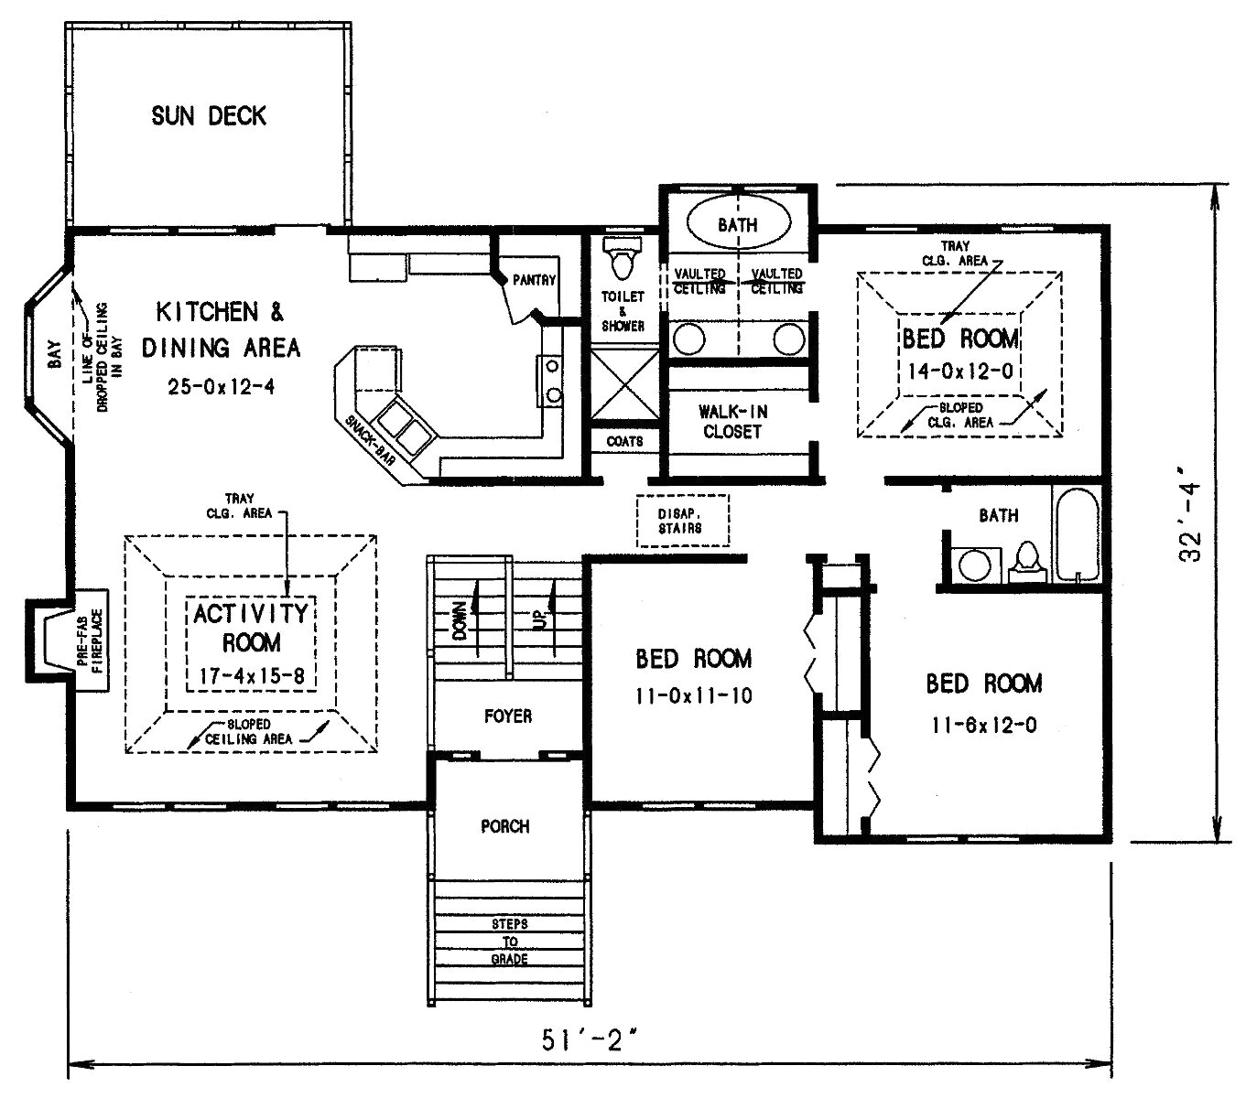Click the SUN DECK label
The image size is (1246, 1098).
209,116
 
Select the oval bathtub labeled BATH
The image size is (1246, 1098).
737,224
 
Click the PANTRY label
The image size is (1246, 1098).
534,280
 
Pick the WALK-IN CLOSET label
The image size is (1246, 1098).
732,422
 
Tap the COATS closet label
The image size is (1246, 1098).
624,441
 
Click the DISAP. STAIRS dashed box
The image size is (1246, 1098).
682,522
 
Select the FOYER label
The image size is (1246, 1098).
508,716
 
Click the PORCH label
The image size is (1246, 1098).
505,826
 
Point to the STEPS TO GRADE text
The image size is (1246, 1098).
510,942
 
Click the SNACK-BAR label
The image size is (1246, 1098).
370,442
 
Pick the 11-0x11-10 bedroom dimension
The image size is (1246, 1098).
694,696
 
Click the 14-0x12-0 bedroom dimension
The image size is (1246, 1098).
959,371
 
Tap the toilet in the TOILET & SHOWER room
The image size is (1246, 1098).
623,259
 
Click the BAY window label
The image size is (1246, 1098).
53,354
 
